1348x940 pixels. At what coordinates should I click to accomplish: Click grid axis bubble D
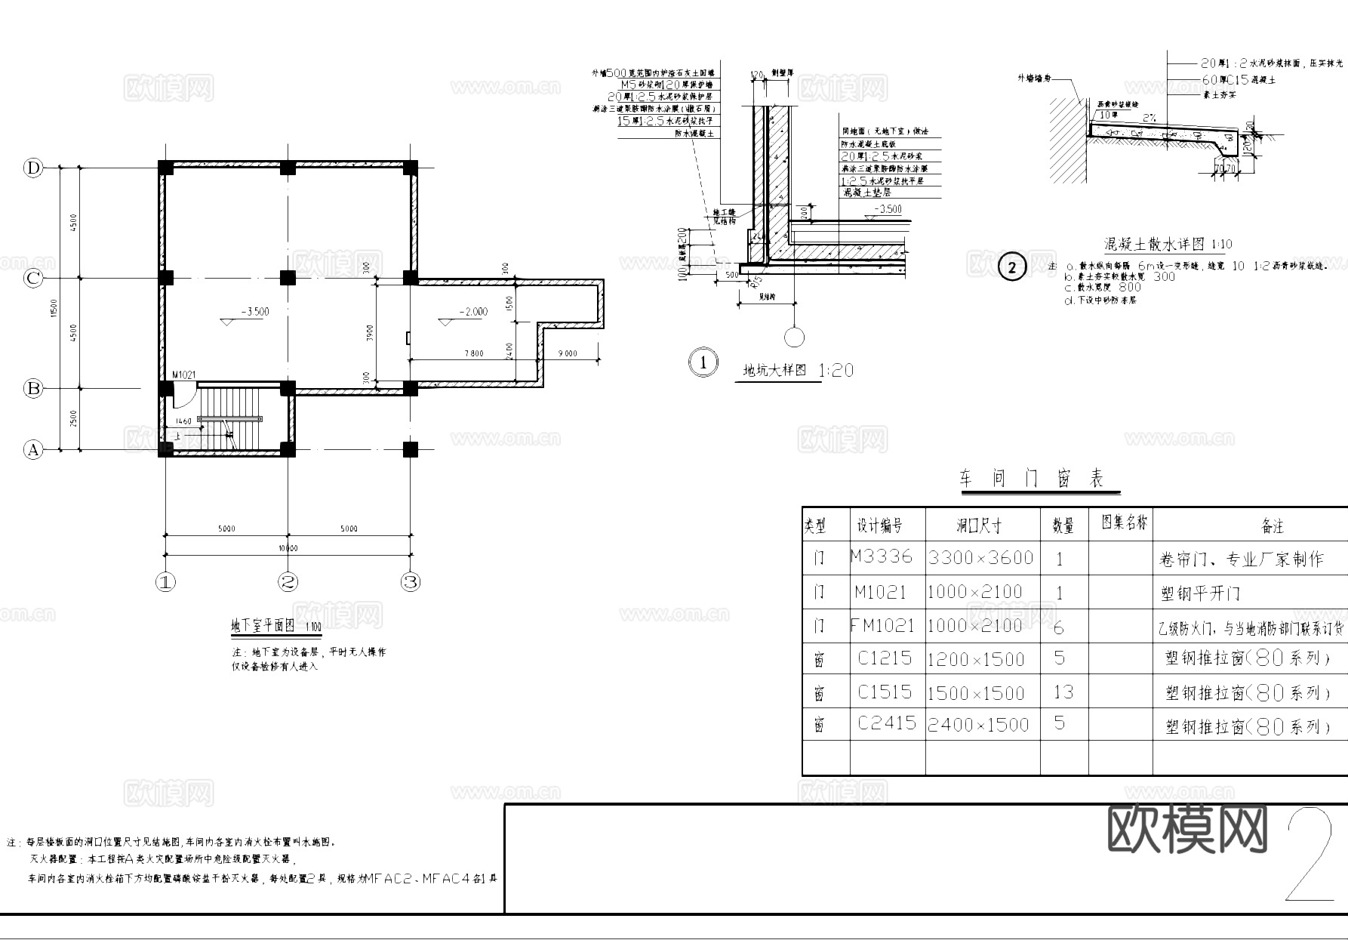coord(32,168)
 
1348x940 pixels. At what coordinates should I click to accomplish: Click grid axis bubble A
coord(32,450)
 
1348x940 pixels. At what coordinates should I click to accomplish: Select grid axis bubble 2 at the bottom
coord(288,582)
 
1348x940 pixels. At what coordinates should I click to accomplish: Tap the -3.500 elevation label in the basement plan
coord(254,311)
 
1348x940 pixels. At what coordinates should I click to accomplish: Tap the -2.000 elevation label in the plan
coord(472,311)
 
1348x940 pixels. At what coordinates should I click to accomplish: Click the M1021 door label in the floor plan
coord(184,374)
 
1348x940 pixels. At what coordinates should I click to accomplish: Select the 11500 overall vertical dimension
coord(52,308)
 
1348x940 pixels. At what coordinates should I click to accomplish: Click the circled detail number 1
coord(703,362)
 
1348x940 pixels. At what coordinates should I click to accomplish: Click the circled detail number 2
coord(1011,267)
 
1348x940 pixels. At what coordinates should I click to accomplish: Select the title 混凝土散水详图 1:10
coord(1168,244)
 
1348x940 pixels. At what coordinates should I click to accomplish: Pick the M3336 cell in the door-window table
coord(881,557)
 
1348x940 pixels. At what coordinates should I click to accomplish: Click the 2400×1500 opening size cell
coord(978,725)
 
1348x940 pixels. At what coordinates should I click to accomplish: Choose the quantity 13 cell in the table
coord(1063,692)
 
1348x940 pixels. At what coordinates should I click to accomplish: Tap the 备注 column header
coord(1272,525)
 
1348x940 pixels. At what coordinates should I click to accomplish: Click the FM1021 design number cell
coord(882,626)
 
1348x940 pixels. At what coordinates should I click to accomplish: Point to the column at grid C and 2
coord(288,278)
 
